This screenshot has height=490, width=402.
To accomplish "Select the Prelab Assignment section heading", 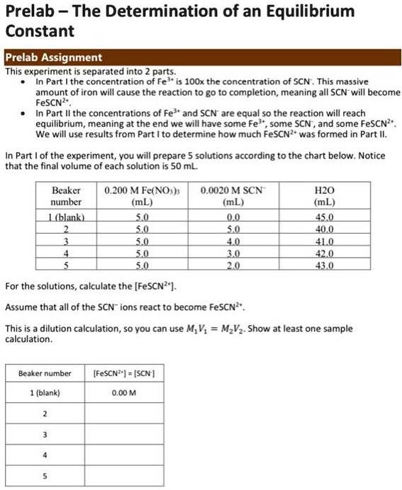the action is [x=54, y=58].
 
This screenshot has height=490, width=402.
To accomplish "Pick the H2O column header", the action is [x=328, y=195].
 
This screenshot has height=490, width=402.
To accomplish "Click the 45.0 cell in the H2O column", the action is [x=328, y=217].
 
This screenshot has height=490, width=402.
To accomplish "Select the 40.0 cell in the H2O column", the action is [x=328, y=229].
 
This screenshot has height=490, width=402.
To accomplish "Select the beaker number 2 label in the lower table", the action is [x=45, y=414].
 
